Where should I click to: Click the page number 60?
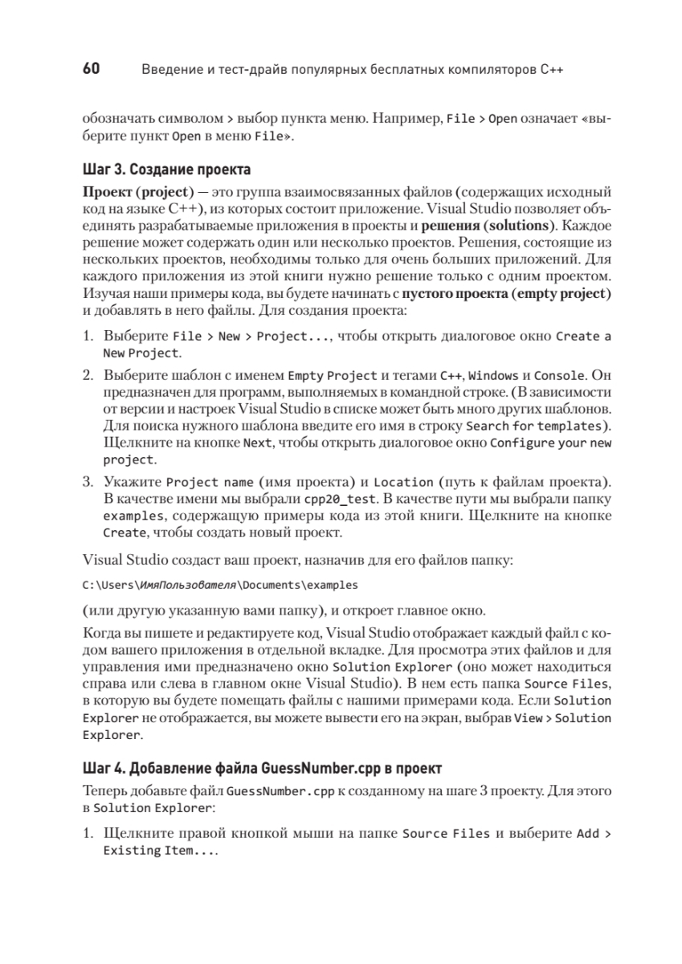[x=91, y=69]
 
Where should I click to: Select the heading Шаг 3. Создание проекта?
[x=166, y=170]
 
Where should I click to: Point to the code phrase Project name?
[x=210, y=483]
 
